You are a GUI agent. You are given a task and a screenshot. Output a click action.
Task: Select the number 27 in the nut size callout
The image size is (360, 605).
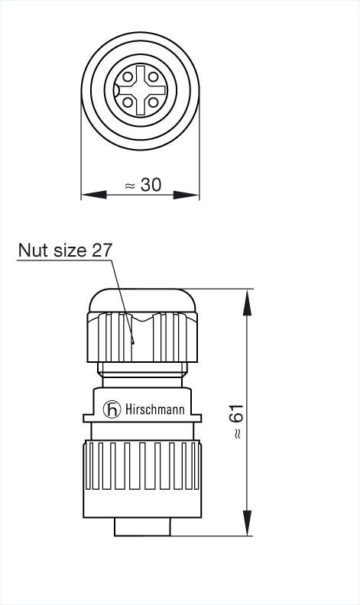102,250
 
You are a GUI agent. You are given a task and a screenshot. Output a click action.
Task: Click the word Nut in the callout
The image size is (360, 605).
32,250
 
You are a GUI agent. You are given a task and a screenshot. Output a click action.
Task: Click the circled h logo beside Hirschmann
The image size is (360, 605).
113,409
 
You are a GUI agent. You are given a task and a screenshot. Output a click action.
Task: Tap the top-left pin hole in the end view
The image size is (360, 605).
128,76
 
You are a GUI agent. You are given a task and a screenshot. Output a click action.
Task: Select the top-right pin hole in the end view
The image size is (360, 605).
153,76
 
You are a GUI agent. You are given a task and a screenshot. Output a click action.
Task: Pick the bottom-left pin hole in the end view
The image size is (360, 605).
128,101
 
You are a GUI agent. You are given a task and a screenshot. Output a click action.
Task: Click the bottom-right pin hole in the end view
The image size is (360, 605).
153,101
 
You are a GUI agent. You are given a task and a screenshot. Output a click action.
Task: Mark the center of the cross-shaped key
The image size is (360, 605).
140,89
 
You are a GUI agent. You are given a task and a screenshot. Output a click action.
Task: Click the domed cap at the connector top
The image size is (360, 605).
142,299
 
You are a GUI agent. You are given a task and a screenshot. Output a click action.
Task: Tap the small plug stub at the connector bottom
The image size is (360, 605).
142,527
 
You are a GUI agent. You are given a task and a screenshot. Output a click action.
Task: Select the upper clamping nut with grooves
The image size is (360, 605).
142,336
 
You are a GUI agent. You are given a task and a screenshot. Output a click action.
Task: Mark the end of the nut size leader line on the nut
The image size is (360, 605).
131,343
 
